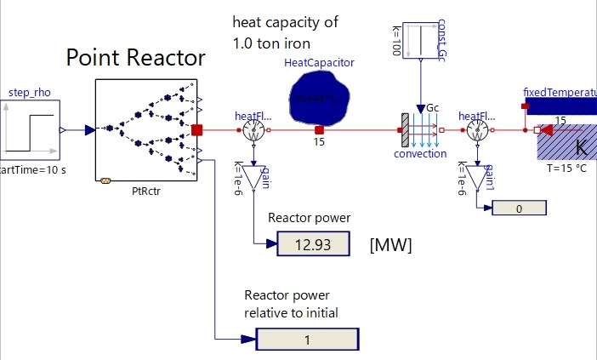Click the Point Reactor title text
[x=136, y=58]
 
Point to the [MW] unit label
[x=390, y=245]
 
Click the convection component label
[x=419, y=154]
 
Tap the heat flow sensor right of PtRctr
[x=252, y=130]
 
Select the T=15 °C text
[x=567, y=169]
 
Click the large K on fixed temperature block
[x=581, y=147]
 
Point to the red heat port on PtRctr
[x=196, y=130]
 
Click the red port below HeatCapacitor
[x=318, y=130]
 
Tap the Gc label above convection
[x=432, y=109]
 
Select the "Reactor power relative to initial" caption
[x=291, y=304]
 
